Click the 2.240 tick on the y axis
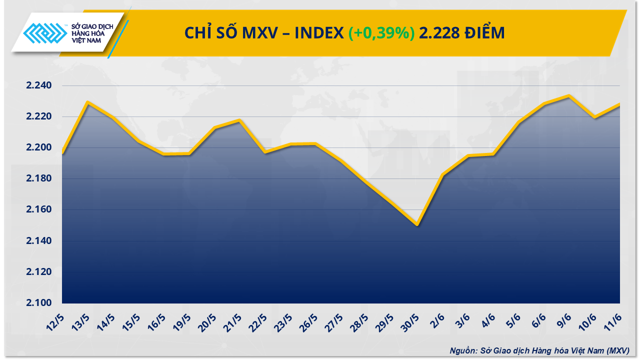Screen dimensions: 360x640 pos(39,85)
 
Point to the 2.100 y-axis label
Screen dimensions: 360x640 pos(39,303)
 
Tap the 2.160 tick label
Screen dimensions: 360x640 pos(39,210)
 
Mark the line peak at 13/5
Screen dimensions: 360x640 pos(87,102)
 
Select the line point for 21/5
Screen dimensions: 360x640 pos(239,120)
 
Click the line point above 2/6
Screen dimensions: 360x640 pos(442,174)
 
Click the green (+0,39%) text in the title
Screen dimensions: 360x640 pos(381,33)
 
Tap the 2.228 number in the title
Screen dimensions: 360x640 pos(439,33)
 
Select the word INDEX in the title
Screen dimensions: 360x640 pos(319,33)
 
